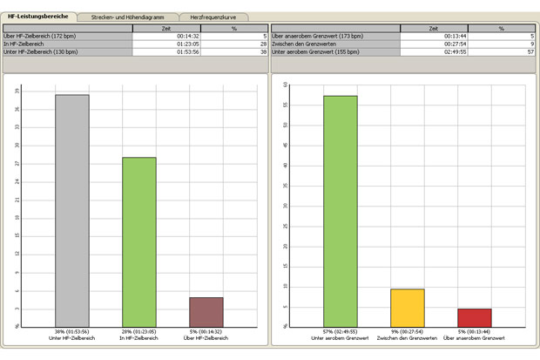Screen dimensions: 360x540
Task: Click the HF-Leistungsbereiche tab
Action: (38, 17)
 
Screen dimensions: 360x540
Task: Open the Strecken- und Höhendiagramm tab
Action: (127, 17)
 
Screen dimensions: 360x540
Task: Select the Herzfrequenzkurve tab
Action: (213, 17)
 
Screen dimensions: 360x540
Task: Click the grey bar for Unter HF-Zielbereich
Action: (72, 209)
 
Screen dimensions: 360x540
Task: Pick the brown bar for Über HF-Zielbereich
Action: (206, 311)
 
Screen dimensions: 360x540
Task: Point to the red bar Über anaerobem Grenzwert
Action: (475, 317)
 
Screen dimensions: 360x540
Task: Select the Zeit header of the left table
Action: (165, 28)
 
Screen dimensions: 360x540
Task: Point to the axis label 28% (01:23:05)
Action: (139, 332)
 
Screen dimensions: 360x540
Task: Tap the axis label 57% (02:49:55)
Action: (341, 332)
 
